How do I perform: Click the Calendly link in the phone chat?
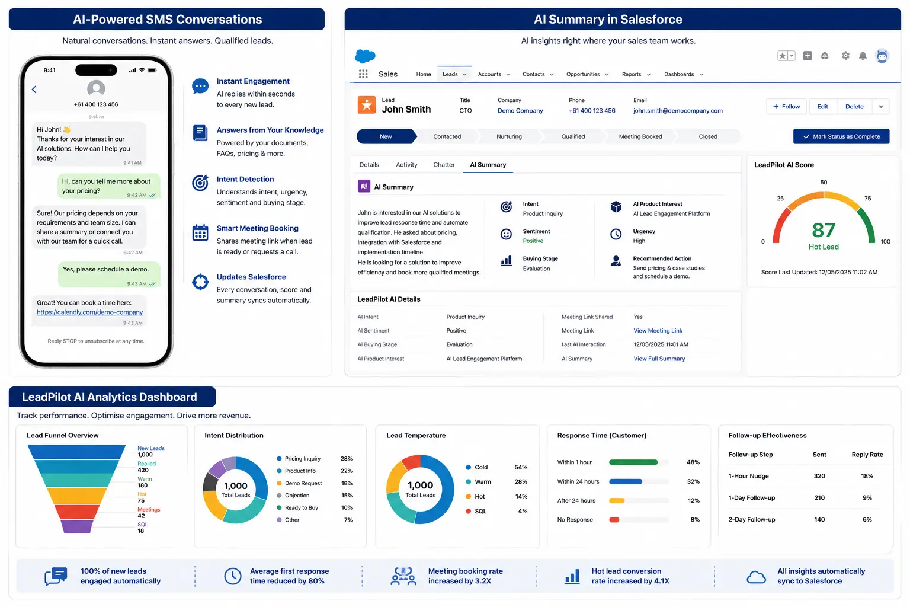tap(90, 312)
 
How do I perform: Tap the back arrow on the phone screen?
tap(34, 90)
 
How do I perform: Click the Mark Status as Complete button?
tap(841, 136)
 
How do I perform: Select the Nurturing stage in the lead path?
tap(509, 136)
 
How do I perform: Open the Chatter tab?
tap(444, 165)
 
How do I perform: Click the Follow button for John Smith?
tap(787, 107)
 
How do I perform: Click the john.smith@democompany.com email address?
tap(678, 111)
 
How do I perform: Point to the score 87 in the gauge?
tap(824, 230)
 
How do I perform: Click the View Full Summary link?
tap(659, 359)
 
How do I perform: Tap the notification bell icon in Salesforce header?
tap(863, 56)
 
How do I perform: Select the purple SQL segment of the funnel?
tap(76, 526)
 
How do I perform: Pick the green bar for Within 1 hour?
tap(633, 462)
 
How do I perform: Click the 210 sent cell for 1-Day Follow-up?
tap(819, 498)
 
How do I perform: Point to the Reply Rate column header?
tap(867, 455)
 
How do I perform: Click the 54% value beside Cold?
tap(520, 467)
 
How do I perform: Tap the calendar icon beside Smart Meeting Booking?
tap(200, 232)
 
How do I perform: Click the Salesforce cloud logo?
tap(365, 56)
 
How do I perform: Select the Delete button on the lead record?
tap(854, 107)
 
